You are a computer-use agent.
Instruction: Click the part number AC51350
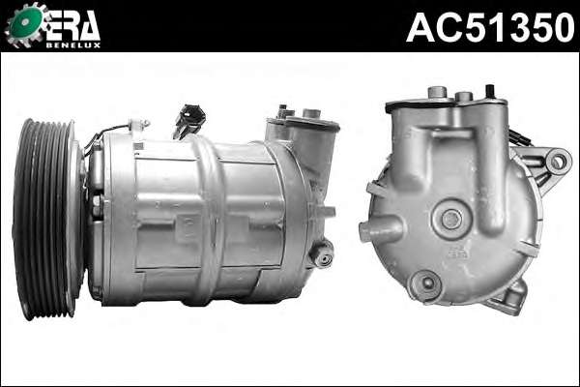coord(490,27)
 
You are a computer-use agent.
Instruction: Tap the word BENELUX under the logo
coord(73,45)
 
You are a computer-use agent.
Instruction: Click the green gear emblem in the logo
coord(24,23)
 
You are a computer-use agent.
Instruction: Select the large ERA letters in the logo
coord(73,25)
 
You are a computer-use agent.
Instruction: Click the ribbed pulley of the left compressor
coord(43,220)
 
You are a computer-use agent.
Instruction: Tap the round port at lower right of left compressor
coord(322,254)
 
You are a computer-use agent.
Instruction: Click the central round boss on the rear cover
coord(450,219)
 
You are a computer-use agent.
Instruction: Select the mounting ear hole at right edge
coord(557,162)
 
